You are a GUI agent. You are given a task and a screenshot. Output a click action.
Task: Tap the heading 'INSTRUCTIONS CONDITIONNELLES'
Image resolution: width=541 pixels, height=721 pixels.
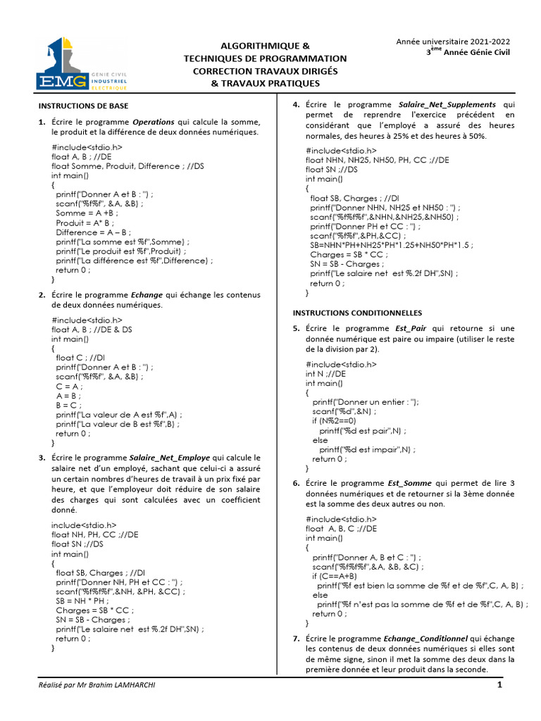pyautogui.click(x=357, y=312)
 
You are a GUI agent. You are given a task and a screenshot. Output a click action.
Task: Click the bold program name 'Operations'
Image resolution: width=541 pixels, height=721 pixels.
pyautogui.click(x=154, y=122)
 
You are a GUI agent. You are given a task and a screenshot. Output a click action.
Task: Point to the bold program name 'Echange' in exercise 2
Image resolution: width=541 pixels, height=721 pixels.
pyautogui.click(x=147, y=295)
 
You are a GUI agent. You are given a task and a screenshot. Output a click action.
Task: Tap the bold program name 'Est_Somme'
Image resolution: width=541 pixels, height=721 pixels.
pyautogui.click(x=408, y=483)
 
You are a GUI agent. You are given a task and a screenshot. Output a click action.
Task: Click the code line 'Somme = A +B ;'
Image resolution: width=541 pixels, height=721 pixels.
pyautogui.click(x=87, y=213)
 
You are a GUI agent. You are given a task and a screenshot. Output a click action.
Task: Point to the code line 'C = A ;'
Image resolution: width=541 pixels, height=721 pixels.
pyautogui.click(x=69, y=386)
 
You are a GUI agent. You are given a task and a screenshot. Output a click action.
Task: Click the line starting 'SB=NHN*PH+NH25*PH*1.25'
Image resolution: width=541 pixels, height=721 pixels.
pyautogui.click(x=391, y=245)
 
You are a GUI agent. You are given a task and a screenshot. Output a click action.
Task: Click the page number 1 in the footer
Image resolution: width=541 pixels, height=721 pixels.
pyautogui.click(x=499, y=685)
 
